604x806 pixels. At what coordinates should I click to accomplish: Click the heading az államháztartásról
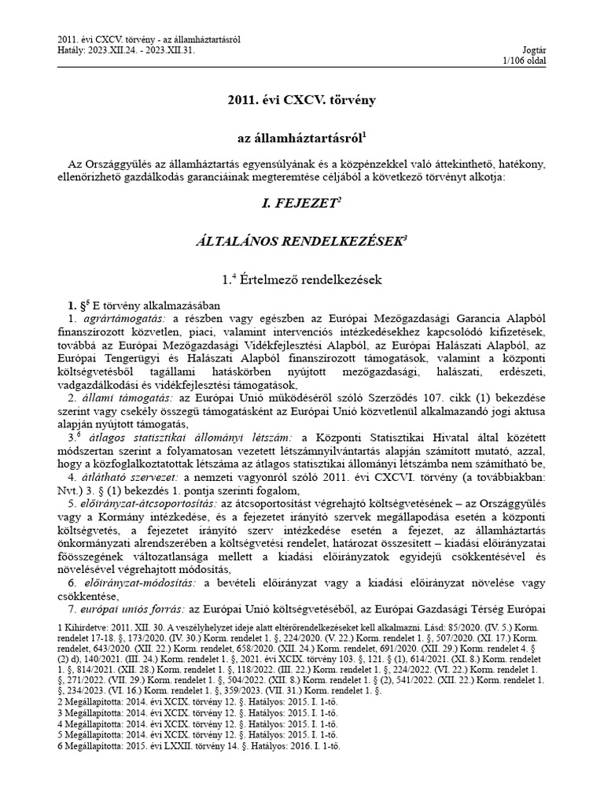[x=301, y=138]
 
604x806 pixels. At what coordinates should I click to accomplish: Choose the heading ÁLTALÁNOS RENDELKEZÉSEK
[x=301, y=241]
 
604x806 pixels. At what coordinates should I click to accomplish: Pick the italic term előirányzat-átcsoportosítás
[x=149, y=502]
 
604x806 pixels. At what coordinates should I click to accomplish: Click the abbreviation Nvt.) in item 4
[x=77, y=490]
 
